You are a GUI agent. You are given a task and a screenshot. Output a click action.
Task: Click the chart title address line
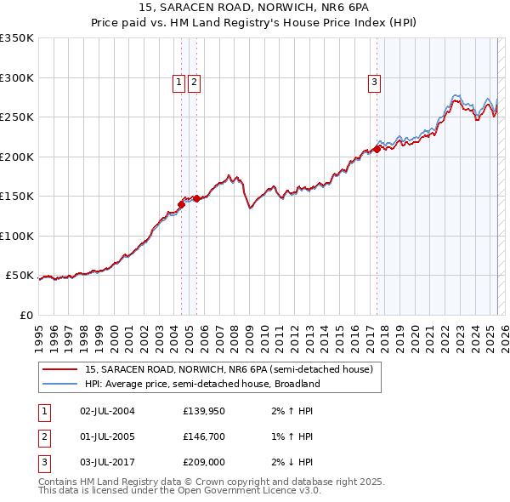click(x=255, y=9)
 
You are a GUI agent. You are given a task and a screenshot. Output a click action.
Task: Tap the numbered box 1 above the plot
click(x=179, y=83)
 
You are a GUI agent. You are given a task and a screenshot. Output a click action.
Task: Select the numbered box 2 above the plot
click(x=194, y=83)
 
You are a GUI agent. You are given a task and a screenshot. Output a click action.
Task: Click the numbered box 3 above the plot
click(x=374, y=83)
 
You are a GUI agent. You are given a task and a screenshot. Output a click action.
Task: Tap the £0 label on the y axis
click(x=25, y=315)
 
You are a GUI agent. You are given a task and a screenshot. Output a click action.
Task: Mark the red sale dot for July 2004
click(x=181, y=204)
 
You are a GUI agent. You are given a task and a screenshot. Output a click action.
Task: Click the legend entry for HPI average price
click(x=201, y=384)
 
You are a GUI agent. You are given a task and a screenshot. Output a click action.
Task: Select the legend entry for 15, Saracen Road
click(x=229, y=370)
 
